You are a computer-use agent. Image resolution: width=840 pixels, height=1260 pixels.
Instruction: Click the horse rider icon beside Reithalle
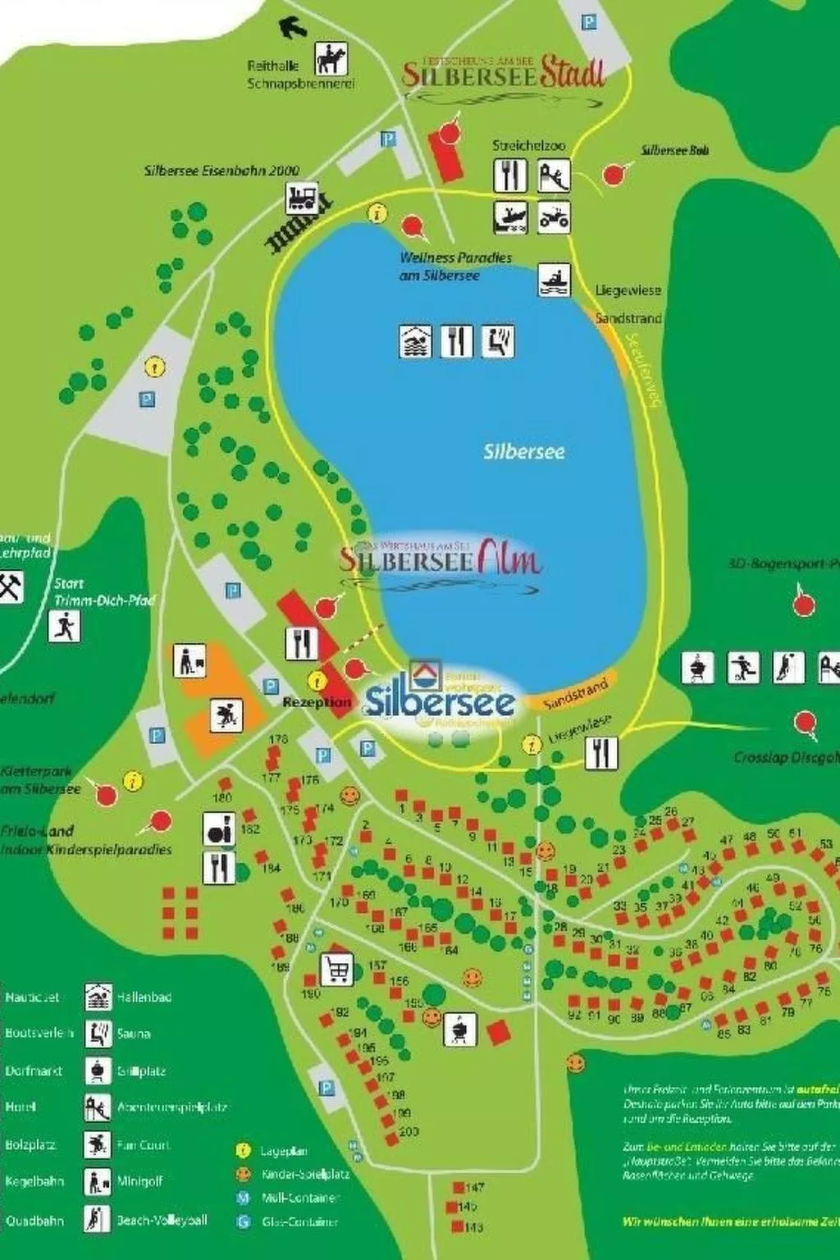click(331, 59)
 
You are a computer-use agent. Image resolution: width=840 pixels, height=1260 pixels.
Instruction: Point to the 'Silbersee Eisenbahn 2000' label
click(221, 171)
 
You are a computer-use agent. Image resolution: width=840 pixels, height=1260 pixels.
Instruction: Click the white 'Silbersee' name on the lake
click(523, 451)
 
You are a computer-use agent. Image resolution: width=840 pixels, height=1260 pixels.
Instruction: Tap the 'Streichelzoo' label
click(528, 145)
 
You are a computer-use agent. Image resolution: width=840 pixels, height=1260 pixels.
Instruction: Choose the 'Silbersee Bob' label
click(674, 150)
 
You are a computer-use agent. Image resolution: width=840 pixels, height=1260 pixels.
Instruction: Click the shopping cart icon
click(336, 969)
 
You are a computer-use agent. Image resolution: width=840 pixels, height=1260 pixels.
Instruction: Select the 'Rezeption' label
click(317, 702)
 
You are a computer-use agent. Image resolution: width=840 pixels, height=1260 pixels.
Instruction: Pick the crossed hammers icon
click(11, 587)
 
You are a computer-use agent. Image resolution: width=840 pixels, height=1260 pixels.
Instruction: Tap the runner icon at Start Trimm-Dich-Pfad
click(64, 628)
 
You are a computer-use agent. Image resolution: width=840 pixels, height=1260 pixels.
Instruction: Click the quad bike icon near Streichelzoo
click(554, 217)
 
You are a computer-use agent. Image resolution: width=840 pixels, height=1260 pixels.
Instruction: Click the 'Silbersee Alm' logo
click(441, 559)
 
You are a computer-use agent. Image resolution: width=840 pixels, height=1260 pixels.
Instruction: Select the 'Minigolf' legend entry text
click(140, 1181)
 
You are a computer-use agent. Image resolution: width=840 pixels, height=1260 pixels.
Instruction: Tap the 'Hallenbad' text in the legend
click(144, 997)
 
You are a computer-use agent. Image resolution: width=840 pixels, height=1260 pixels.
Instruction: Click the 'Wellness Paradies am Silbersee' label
click(454, 267)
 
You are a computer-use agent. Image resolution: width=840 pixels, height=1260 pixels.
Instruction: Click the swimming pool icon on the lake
click(415, 341)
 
